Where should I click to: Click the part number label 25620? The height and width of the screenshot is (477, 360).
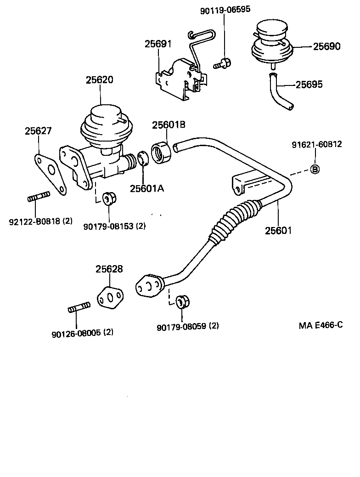point(99,79)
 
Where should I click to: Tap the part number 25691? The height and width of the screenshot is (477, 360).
point(157,44)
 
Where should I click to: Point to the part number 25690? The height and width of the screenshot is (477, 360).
point(327,46)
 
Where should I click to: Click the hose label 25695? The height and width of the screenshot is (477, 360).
point(309,85)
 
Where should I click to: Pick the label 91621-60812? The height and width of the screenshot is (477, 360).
point(316,144)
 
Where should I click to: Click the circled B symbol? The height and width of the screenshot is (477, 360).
point(315,169)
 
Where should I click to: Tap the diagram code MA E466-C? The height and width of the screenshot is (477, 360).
point(321,325)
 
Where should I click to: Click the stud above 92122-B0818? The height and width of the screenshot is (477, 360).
point(39,199)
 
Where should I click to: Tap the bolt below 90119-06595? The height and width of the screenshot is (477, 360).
point(223,63)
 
